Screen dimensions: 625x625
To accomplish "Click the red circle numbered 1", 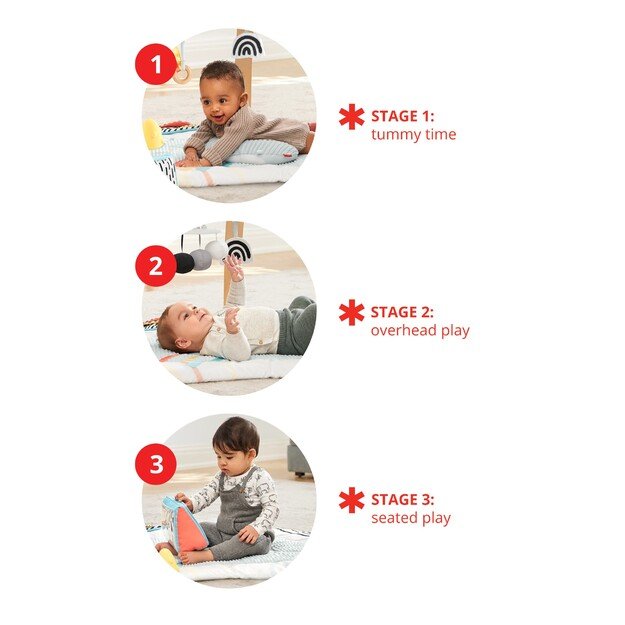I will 155,67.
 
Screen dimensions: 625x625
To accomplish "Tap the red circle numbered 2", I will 155,266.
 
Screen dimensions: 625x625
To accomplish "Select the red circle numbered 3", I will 155,465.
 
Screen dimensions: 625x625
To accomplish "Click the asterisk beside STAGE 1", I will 351,116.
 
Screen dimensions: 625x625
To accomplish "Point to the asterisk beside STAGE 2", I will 351,312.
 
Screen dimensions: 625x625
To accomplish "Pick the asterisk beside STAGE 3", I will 351,500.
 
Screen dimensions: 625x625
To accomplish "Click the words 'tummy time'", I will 413,135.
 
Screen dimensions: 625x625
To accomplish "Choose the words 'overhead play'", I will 420,331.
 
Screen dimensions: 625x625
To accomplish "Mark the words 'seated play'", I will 410,518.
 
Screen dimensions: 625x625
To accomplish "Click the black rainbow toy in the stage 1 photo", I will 247,45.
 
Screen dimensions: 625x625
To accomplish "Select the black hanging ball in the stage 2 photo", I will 184,263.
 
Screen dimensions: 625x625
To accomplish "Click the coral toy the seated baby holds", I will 184,525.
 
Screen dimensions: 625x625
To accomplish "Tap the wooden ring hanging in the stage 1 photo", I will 182,72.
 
